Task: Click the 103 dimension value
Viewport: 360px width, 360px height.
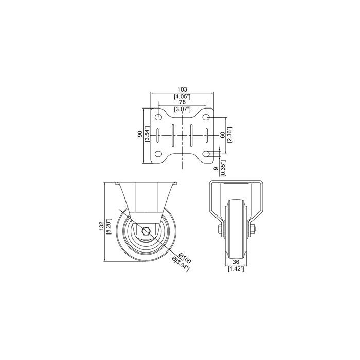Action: pos(182,89)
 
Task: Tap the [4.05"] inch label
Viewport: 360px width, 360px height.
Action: pos(182,97)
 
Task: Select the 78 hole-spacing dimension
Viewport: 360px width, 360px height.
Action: pos(182,102)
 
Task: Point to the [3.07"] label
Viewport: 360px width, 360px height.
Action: pos(182,109)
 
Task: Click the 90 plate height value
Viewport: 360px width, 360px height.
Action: pos(140,135)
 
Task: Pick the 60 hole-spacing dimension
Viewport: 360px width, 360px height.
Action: pos(222,135)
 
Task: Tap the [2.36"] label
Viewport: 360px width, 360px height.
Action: pos(230,135)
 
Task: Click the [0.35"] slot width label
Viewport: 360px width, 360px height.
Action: pos(223,168)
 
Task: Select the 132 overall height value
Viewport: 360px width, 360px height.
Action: pos(101,226)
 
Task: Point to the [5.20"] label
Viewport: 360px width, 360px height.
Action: pos(109,226)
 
